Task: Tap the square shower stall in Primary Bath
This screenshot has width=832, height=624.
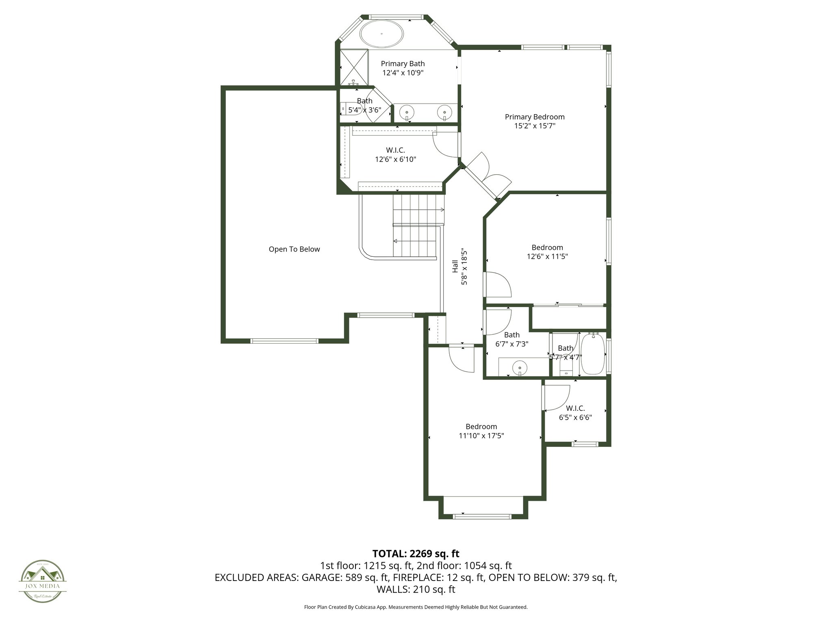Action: (354, 67)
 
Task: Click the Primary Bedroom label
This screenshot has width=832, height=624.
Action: (535, 117)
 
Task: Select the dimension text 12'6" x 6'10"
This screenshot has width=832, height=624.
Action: (395, 159)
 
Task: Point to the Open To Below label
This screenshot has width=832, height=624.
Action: (294, 249)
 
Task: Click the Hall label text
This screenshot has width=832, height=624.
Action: (455, 266)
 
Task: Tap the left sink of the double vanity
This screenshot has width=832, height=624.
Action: (406, 111)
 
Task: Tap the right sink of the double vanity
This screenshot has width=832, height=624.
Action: (444, 111)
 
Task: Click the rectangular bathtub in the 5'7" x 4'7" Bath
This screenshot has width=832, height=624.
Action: (593, 354)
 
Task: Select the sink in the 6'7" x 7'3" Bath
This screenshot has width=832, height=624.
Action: (520, 368)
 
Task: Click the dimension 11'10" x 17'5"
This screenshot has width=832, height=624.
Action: (481, 435)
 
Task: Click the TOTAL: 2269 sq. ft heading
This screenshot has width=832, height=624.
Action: (416, 554)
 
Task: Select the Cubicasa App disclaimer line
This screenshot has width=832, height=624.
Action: (416, 607)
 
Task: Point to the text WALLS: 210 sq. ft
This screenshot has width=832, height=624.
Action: (416, 589)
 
